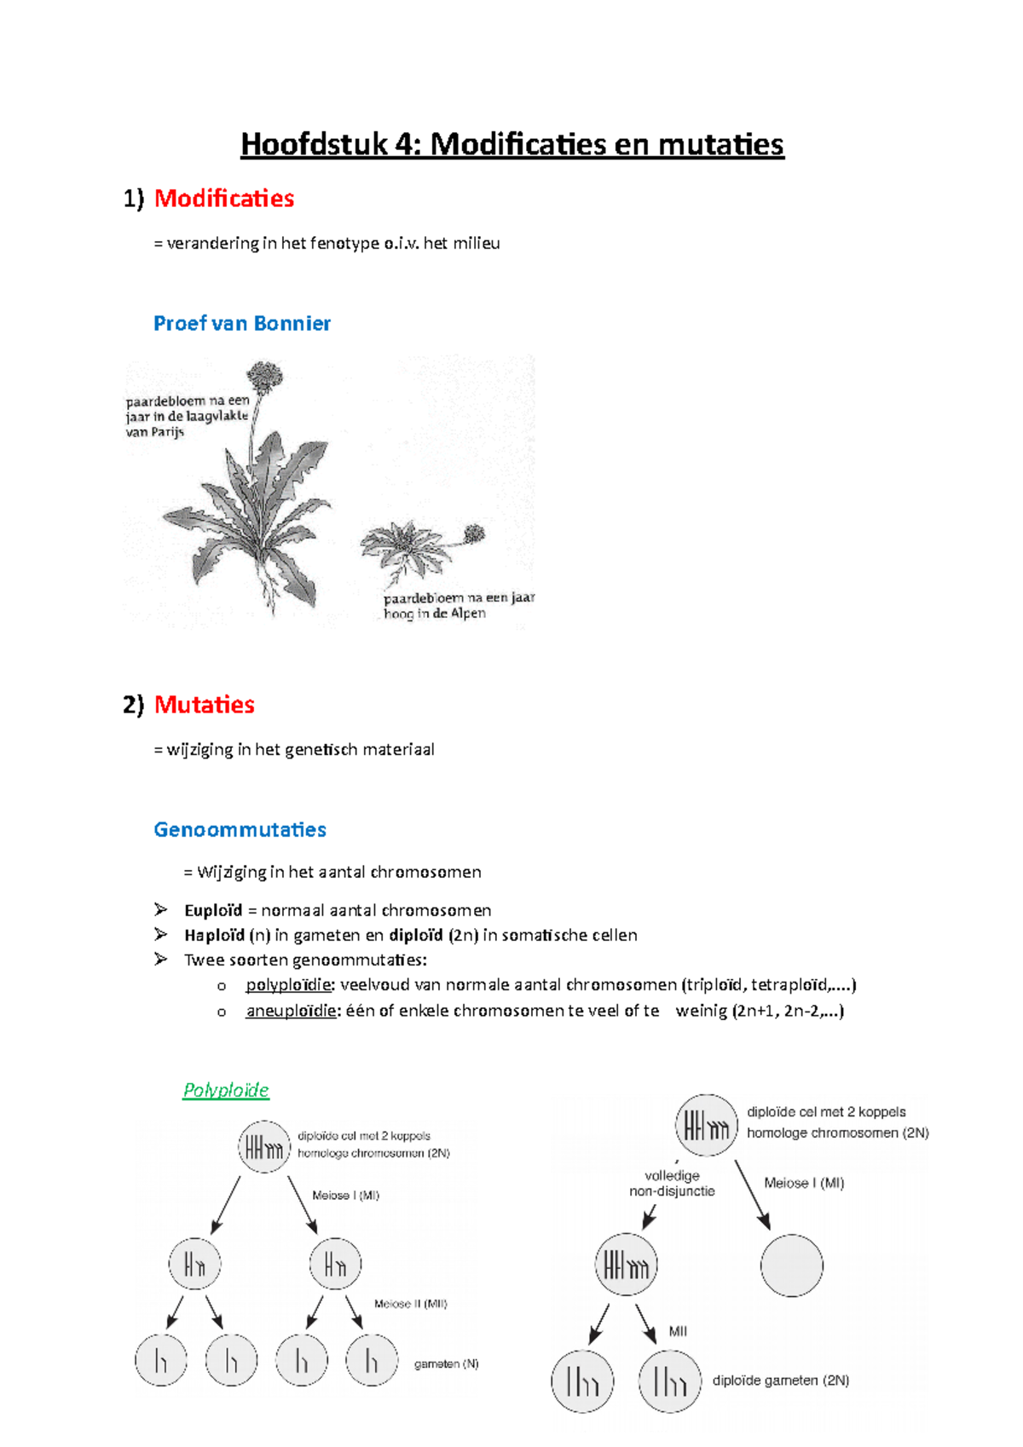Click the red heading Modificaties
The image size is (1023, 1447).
(x=223, y=199)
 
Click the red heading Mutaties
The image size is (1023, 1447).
(x=204, y=705)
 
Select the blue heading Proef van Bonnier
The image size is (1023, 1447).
(x=241, y=323)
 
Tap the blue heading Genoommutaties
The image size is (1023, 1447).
(x=240, y=829)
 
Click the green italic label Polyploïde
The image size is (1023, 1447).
(x=225, y=1090)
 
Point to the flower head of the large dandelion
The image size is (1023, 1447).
(x=264, y=376)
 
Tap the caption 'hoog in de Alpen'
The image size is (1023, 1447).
(x=435, y=614)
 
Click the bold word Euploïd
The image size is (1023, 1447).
(x=213, y=910)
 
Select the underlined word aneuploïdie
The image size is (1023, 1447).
(x=291, y=1011)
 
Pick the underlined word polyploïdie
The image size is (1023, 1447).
(x=288, y=984)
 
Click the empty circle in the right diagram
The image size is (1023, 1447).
(x=791, y=1265)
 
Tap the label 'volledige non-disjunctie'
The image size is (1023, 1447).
(x=672, y=1184)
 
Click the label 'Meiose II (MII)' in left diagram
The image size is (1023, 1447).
(x=410, y=1304)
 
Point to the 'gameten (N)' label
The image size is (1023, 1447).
(x=446, y=1363)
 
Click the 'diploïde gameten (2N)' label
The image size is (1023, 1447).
(x=780, y=1381)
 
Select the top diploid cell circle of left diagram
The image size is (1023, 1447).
(x=264, y=1147)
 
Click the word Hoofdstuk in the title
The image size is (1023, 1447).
(x=313, y=144)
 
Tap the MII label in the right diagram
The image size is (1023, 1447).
(x=678, y=1331)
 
